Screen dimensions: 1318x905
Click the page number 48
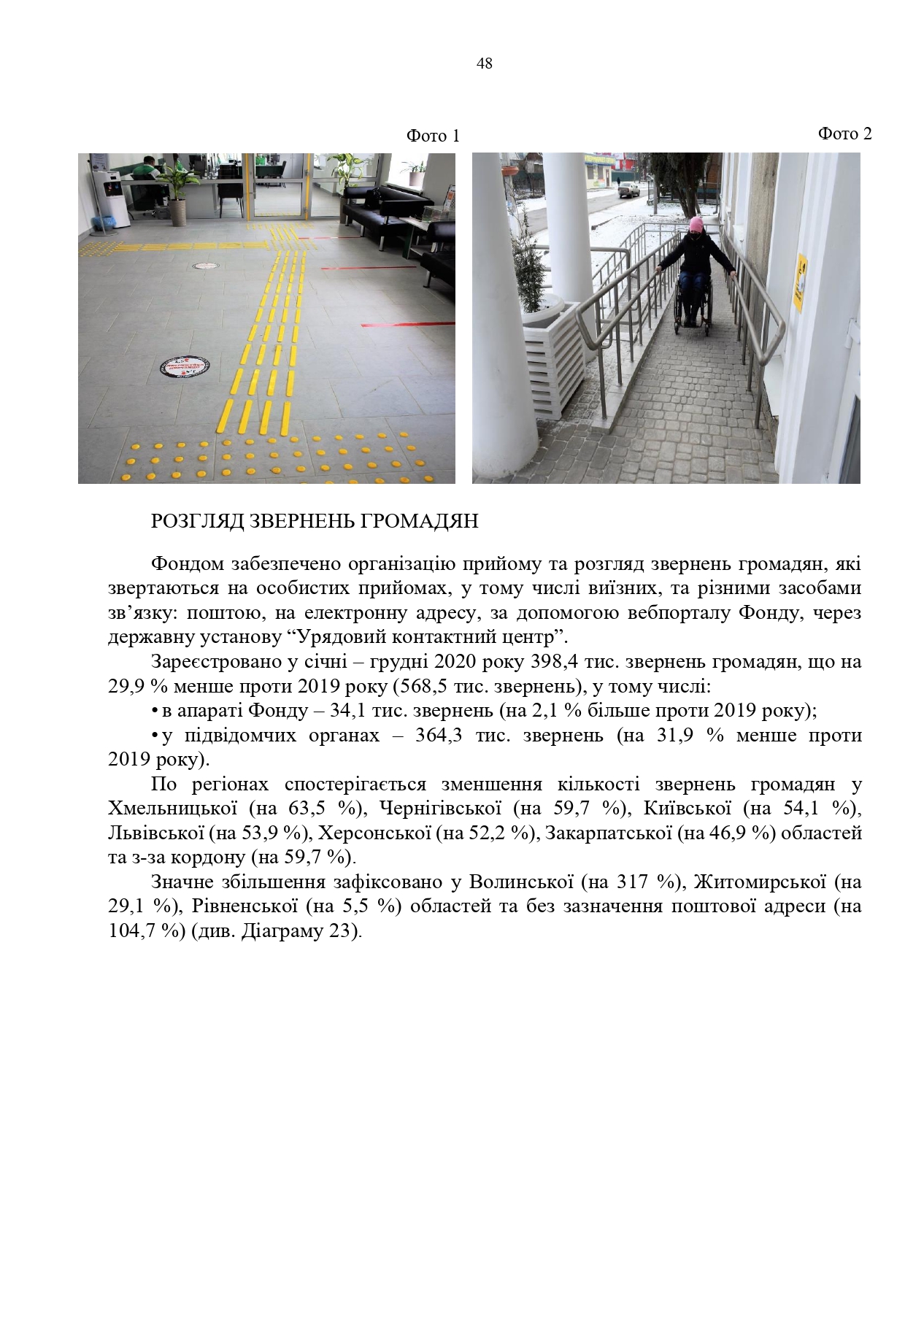484,64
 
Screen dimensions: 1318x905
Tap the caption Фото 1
433,136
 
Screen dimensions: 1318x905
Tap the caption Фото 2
844,134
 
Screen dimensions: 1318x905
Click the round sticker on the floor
182,366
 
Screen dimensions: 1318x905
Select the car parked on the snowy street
629,190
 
